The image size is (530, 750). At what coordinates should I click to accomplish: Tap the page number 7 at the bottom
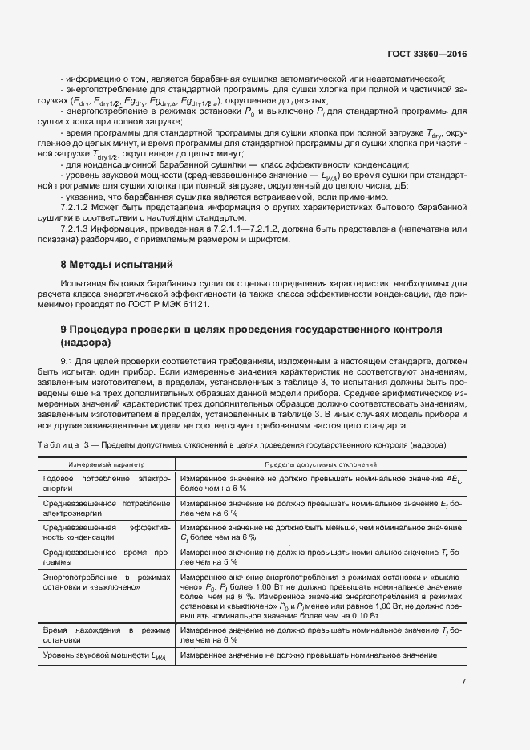pos(463,682)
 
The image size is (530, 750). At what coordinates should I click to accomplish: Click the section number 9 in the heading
pos(64,330)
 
